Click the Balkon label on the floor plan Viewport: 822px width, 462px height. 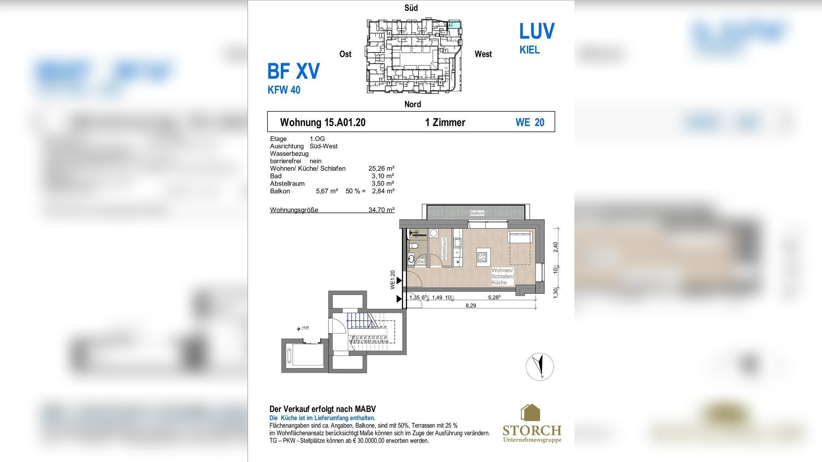click(477, 213)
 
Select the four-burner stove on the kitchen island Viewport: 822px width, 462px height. click(482, 257)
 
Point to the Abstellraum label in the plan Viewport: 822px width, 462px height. click(444, 249)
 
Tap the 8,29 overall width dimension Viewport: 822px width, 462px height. click(471, 306)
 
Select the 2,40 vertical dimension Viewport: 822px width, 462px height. click(556, 247)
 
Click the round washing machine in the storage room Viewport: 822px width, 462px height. click(434, 233)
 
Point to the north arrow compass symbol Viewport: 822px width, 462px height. click(540, 367)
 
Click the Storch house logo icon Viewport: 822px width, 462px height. click(530, 413)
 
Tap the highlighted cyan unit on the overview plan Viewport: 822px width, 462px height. click(454, 24)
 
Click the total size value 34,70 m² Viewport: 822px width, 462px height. click(381, 210)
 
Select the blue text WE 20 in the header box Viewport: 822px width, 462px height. click(530, 122)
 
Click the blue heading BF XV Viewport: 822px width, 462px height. click(293, 71)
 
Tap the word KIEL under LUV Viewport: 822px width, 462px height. click(529, 50)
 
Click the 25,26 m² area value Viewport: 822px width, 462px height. click(381, 168)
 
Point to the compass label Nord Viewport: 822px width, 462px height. click(413, 104)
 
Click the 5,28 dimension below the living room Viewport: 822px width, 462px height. click(494, 297)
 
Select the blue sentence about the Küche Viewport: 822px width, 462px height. click(322, 418)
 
